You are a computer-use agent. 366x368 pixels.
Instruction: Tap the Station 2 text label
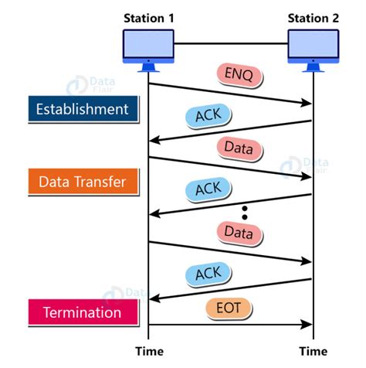coord(313,17)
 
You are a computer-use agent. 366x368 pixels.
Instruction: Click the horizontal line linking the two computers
coord(231,43)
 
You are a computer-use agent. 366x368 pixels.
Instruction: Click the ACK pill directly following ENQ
coord(208,115)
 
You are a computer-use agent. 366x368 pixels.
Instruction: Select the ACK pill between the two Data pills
coord(208,188)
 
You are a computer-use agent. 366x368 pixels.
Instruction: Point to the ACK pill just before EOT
coord(208,271)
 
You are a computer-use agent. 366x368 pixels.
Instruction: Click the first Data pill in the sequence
coord(239,146)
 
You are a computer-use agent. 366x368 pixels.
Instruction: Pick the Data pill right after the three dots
coord(239,230)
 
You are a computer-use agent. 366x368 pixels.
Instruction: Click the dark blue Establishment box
coord(83,109)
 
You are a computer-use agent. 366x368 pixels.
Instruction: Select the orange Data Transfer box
coord(83,182)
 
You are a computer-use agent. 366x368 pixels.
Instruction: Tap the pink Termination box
coord(83,313)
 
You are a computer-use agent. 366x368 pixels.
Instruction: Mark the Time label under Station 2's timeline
coord(313,352)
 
